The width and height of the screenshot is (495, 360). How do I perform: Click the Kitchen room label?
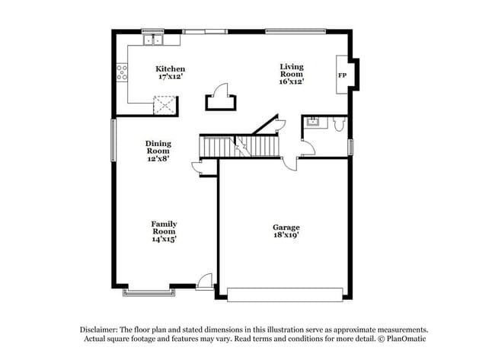coord(170,68)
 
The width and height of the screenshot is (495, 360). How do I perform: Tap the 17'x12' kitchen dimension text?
coord(171,77)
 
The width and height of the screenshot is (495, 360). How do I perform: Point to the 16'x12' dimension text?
coord(292,81)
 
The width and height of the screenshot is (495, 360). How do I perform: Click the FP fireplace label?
coord(343,75)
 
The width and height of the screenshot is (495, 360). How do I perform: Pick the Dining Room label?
coord(158,147)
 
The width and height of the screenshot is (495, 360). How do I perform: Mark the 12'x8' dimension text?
coord(158,158)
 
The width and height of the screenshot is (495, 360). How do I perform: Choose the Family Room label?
coord(164,228)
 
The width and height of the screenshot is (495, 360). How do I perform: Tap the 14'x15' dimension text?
coord(164,239)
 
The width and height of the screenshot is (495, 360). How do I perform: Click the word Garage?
coord(286,227)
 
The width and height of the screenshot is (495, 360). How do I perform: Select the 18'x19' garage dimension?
coord(286,236)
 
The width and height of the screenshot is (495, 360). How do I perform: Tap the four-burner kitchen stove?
coord(121,73)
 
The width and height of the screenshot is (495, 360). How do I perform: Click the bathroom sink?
coord(311,122)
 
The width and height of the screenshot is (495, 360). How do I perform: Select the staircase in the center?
coord(240,145)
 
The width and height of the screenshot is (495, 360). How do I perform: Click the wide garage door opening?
coord(285,294)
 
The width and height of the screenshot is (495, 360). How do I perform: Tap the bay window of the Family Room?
coord(146,292)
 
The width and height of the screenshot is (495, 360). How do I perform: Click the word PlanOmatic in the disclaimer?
coord(407,339)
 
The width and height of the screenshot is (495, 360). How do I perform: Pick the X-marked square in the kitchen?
coord(164,105)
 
